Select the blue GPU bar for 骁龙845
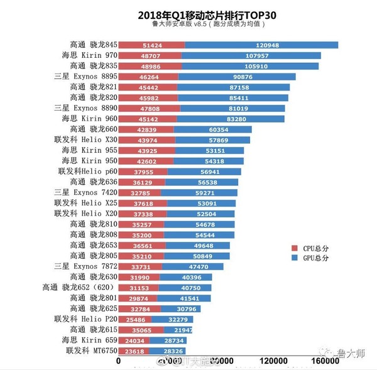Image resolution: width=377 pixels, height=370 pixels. point(261,45)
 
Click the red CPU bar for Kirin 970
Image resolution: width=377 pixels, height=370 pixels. point(150,55)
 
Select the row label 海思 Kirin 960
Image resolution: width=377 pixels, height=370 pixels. point(89,119)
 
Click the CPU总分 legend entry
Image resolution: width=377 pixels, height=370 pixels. point(311,248)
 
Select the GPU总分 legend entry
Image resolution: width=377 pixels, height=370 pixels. point(311,258)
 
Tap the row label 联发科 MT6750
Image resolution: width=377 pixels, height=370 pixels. point(90,351)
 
